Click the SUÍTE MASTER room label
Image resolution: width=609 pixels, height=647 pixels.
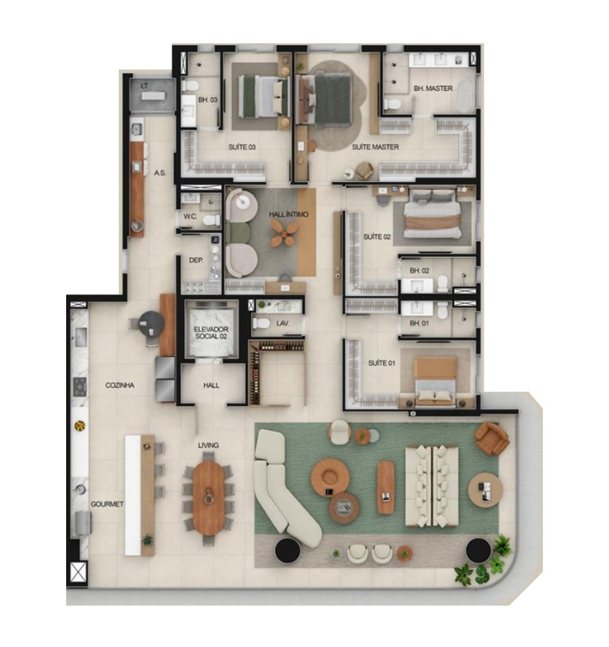pos(375,147)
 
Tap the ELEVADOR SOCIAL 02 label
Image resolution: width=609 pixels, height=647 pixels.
pos(211,333)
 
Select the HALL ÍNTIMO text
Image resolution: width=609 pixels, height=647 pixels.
pos(289,215)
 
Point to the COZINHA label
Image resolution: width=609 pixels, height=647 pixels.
pos(120,385)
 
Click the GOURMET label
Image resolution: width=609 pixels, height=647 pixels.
pos(107,504)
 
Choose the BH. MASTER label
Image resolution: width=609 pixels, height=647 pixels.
pos(433,89)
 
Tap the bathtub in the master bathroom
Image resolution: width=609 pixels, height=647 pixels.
pos(466,95)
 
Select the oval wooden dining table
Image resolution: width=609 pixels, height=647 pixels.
pos(209,498)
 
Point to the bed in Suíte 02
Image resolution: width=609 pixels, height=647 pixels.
pos(432,214)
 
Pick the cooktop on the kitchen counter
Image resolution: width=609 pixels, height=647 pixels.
pos(80,387)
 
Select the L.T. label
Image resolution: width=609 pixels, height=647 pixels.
pos(144,86)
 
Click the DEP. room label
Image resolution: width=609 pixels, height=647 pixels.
pos(195,260)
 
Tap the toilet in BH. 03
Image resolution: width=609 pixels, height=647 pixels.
pos(191,86)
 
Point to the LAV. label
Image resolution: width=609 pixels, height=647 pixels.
pos(282,323)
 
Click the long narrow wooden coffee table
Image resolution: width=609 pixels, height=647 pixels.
pos(386,487)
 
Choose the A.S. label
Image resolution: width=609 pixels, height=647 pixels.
pos(160,173)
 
